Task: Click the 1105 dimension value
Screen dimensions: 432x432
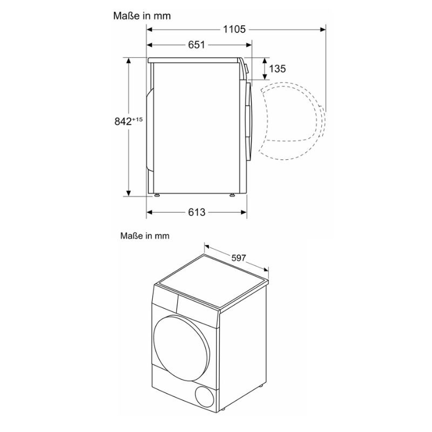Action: point(234,29)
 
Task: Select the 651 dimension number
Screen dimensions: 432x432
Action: point(196,45)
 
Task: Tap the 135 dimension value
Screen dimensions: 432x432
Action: point(277,69)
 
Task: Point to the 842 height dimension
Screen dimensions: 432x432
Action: point(124,122)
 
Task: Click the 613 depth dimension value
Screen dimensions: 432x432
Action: point(197,213)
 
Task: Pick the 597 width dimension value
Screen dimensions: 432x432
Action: point(238,258)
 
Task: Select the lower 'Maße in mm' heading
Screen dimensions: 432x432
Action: point(145,235)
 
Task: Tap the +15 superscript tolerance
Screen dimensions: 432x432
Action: point(138,119)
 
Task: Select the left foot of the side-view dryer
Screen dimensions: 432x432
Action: point(157,195)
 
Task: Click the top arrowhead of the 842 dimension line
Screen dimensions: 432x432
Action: point(129,60)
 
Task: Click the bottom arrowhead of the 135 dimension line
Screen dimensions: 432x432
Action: point(264,77)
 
